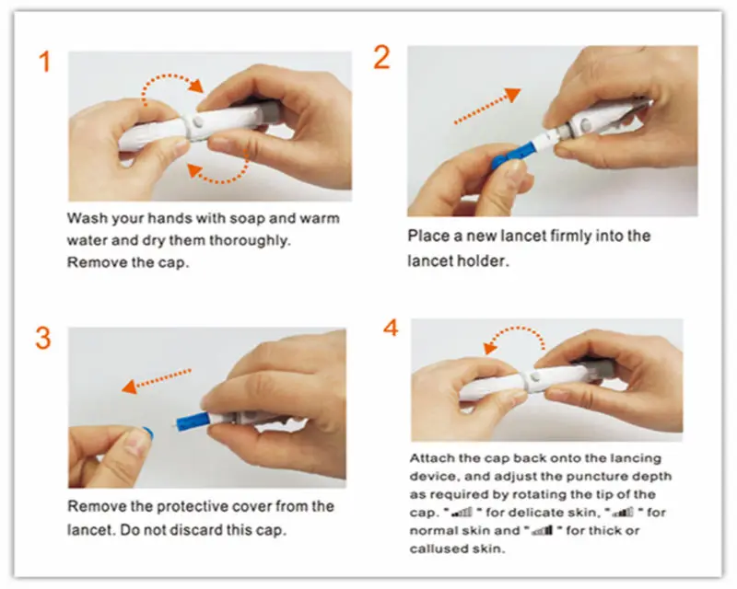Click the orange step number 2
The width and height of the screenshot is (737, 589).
click(382, 57)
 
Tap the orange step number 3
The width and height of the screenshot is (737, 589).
click(43, 338)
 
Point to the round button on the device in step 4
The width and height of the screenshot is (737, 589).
click(531, 378)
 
